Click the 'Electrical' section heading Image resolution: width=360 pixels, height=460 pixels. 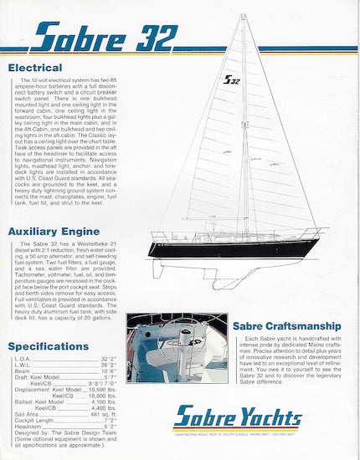[35, 67]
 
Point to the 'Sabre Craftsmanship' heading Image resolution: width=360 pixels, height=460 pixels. [285, 324]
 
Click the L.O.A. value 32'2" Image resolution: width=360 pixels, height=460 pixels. [108, 358]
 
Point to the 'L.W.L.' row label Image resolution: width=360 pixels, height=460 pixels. [23, 365]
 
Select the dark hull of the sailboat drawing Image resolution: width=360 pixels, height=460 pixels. [234, 248]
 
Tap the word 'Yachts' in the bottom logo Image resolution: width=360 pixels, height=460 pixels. [269, 417]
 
